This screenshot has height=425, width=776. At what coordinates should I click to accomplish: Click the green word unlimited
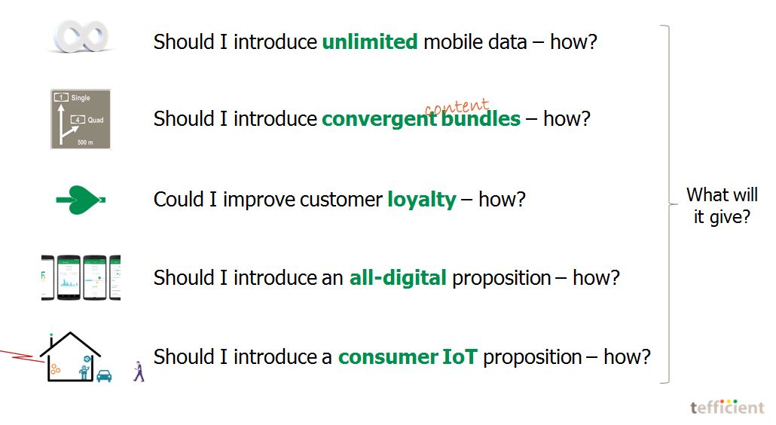pyautogui.click(x=370, y=41)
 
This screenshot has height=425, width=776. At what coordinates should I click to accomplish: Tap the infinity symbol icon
pyautogui.click(x=81, y=36)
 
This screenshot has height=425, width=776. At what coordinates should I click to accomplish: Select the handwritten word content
pyautogui.click(x=457, y=106)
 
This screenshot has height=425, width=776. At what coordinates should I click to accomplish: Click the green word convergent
pyautogui.click(x=379, y=119)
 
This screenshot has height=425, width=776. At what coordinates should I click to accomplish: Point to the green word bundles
pyautogui.click(x=481, y=119)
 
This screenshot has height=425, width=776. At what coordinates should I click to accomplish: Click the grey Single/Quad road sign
pyautogui.click(x=81, y=119)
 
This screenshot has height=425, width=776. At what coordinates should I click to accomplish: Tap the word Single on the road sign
pyautogui.click(x=80, y=97)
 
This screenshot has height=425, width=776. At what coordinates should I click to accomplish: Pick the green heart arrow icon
pyautogui.click(x=81, y=200)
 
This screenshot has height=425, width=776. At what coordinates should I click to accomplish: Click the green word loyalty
pyautogui.click(x=422, y=200)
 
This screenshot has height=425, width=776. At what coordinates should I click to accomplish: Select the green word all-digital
pyautogui.click(x=398, y=277)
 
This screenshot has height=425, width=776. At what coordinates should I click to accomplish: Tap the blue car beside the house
pyautogui.click(x=104, y=376)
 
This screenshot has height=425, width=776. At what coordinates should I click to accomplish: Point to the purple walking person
pyautogui.click(x=139, y=371)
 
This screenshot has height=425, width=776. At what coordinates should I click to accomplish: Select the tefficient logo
pyautogui.click(x=728, y=407)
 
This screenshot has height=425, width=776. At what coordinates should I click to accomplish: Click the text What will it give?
pyautogui.click(x=722, y=206)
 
